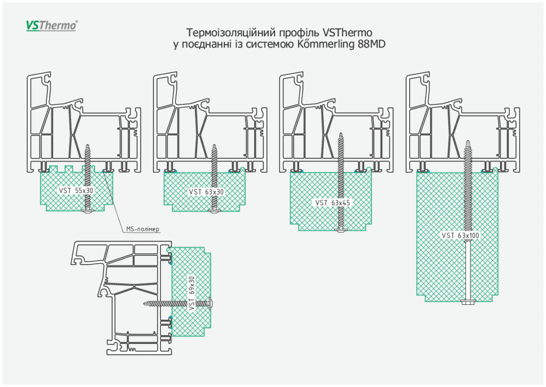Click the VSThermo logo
pyautogui.click(x=52, y=25)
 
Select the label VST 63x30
pyautogui.click(x=206, y=191)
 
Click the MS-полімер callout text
pyautogui.click(x=143, y=229)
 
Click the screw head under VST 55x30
pyautogui.click(x=87, y=212)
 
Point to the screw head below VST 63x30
pyautogui.click(x=214, y=212)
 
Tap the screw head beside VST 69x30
pyautogui.click(x=212, y=303)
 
